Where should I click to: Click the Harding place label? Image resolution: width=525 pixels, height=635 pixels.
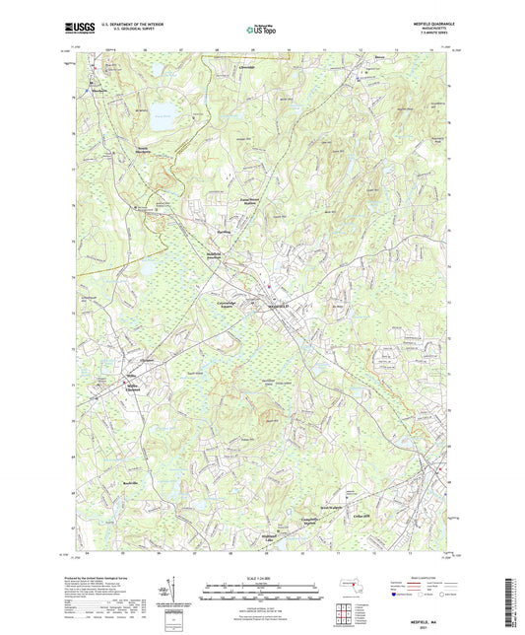click(x=223, y=233)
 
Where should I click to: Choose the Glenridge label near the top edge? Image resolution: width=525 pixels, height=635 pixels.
click(x=247, y=67)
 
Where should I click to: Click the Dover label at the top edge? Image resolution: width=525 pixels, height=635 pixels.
click(x=379, y=69)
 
